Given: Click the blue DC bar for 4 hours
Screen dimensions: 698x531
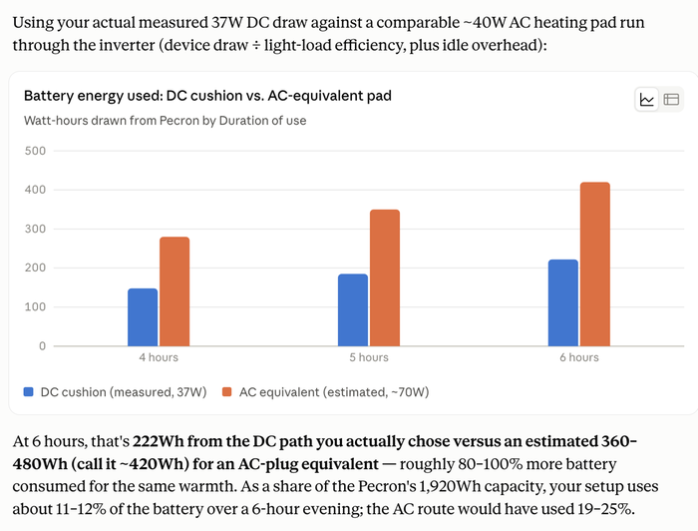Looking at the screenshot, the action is coord(143,317).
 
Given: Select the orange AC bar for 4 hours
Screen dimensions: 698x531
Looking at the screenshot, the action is coord(174,291).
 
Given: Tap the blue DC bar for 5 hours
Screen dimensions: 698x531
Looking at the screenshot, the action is coord(353,310).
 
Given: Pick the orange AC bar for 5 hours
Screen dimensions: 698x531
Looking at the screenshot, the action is coord(385,277).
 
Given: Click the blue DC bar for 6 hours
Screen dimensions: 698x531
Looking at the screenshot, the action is coord(563,302).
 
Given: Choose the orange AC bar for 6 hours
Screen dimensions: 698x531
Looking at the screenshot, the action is coord(595,265).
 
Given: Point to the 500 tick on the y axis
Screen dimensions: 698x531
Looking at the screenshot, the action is coord(35,151).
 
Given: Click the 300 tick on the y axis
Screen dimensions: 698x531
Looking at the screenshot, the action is coord(35,229).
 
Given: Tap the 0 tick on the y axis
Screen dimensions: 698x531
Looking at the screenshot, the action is coord(42,345).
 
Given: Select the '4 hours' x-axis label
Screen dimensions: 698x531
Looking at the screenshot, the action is coord(159,357).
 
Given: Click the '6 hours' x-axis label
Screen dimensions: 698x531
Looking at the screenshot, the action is coord(579,357).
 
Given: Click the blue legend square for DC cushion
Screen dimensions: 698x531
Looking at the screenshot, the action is coord(29,392).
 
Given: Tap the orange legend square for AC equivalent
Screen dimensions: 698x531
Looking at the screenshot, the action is coord(227,392).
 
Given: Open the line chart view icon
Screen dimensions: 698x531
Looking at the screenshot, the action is coord(647,99).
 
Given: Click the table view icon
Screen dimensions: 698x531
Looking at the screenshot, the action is coord(671,99).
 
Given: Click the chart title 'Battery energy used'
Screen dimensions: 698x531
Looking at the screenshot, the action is coord(93,96).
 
